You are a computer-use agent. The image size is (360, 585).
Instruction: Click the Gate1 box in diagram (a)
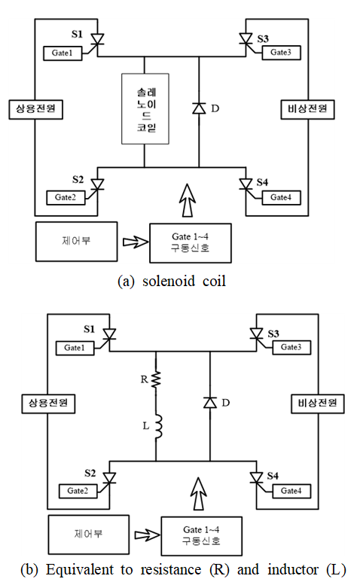tap(63, 53)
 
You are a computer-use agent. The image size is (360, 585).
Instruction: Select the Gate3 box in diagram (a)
tap(281, 52)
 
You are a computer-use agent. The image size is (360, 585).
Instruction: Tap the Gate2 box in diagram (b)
tap(78, 491)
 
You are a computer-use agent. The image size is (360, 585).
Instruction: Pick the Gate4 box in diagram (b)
tap(291, 491)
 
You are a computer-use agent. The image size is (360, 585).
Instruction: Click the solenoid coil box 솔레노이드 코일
tap(145, 108)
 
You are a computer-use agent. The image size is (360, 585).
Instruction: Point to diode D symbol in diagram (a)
tap(199, 108)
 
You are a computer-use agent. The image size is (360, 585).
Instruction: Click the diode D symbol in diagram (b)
tap(210, 403)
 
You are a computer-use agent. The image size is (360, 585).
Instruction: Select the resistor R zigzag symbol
tap(156, 379)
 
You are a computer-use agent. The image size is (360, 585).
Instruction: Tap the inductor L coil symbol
tap(158, 425)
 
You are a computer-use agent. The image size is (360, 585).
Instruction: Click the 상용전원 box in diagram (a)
tap(36, 109)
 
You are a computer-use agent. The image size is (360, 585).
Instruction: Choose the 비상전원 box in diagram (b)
tap(318, 404)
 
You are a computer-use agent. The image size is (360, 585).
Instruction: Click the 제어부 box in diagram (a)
tap(77, 242)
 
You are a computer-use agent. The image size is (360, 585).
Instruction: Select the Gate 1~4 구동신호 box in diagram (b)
tap(201, 536)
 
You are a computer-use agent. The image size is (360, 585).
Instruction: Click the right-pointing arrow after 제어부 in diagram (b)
tap(147, 535)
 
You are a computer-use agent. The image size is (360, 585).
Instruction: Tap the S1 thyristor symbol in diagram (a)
tap(97, 40)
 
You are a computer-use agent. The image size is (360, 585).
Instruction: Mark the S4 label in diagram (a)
tap(262, 182)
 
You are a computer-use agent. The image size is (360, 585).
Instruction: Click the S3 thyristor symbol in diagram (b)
tap(257, 334)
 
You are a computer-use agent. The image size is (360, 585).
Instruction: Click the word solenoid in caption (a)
tap(169, 281)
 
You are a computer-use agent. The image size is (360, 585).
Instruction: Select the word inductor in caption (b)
tap(293, 570)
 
